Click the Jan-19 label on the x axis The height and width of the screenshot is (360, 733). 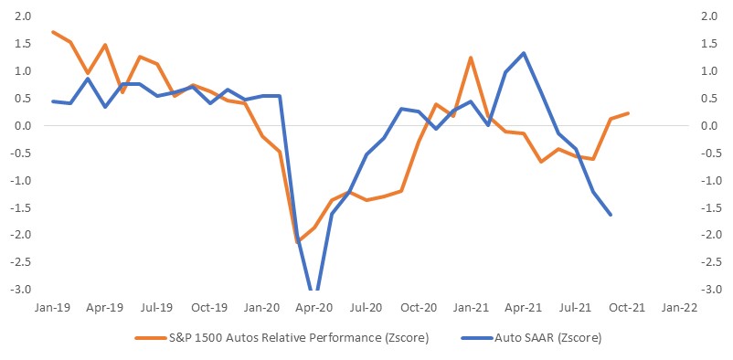pos(52,308)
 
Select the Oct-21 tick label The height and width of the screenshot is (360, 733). pos(629,308)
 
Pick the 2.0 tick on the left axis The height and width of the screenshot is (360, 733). pos(24,16)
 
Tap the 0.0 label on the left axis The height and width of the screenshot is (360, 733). pos(24,126)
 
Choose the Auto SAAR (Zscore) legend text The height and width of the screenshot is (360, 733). pos(547,337)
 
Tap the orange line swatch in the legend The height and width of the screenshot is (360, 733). pos(151,337)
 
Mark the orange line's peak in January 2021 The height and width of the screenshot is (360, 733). pos(471,58)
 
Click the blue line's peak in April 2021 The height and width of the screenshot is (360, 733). pos(524,53)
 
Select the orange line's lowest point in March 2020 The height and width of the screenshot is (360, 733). pos(297,242)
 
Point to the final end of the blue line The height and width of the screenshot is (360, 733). pos(611,215)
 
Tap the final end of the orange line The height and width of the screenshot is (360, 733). pos(628,113)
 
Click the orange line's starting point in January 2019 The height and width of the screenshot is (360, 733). pos(53,32)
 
